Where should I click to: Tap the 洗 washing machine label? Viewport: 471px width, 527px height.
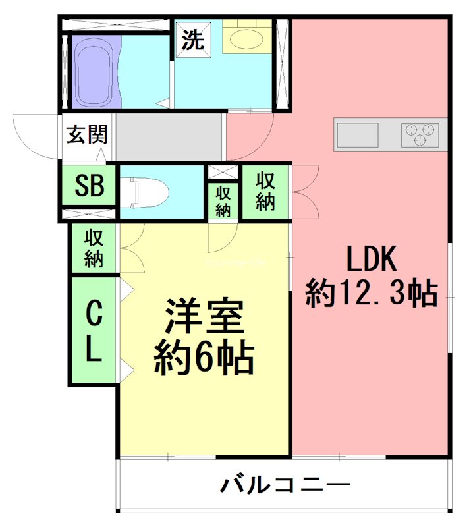tap(192, 41)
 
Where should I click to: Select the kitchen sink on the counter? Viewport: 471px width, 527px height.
tap(358, 134)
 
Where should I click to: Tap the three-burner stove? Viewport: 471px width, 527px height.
tap(420, 134)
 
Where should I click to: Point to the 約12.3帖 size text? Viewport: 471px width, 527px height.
tap(372, 293)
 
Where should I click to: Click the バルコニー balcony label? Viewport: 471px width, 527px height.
tap(285, 486)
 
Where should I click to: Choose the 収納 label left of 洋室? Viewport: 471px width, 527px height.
tap(94, 248)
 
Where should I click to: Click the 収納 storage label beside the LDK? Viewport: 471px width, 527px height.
tap(265, 191)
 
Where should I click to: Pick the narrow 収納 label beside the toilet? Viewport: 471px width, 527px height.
tap(223, 201)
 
